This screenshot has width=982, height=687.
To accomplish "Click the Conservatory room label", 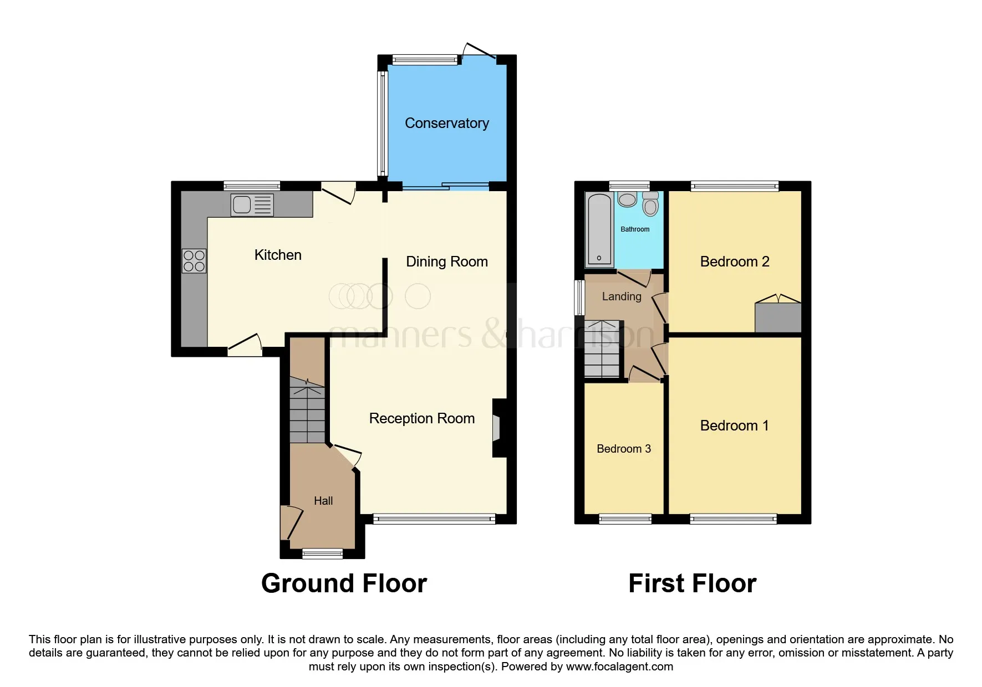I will click(446, 123).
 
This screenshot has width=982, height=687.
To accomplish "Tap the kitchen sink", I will click(252, 204).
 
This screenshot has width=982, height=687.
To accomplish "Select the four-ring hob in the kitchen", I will click(194, 261).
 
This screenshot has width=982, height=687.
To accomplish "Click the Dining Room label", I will click(446, 262).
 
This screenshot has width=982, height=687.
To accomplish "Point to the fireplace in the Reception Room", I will click(496, 428).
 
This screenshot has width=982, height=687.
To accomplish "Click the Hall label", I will click(323, 501).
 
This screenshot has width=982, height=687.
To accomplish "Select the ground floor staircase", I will click(307, 411).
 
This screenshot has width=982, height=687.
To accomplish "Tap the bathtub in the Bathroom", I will click(599, 229).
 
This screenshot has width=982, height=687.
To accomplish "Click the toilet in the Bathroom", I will click(650, 204).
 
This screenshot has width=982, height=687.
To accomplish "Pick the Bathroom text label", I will click(635, 229).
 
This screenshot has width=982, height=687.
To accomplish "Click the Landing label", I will click(622, 296).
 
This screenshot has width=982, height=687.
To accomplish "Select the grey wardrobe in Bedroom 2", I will click(778, 317).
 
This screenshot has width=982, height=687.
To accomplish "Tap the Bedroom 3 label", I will click(623, 449).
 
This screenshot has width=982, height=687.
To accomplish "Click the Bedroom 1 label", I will click(734, 425).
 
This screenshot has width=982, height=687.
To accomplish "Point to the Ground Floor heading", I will click(344, 583).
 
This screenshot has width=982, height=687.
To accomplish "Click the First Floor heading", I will click(692, 583).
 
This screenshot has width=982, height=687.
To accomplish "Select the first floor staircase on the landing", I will click(602, 349).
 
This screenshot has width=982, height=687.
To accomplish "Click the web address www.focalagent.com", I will click(619, 667).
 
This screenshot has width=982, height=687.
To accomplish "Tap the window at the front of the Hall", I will click(322, 552).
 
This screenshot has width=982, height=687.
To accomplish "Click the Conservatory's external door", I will click(478, 50).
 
